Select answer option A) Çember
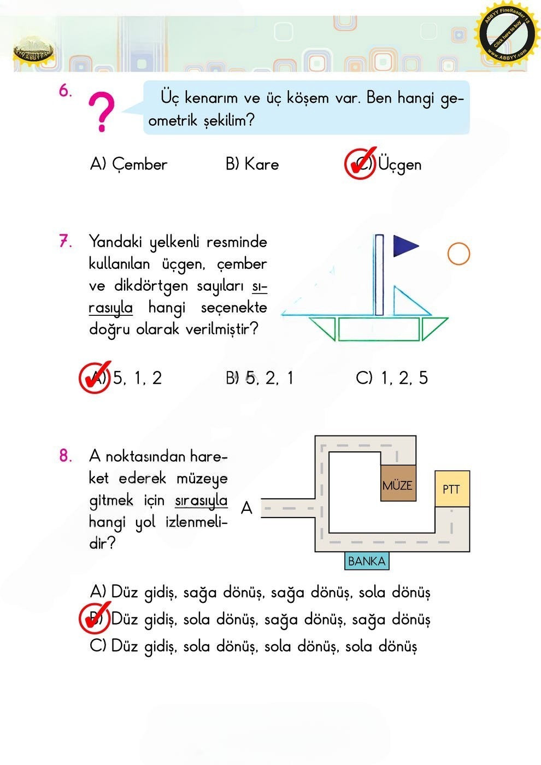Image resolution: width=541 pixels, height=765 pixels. pos(128,164)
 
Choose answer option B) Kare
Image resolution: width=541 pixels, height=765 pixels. pos(252,164)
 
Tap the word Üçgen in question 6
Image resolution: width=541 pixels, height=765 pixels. pos(399,164)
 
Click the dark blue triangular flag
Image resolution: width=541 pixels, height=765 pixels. pos(404,246)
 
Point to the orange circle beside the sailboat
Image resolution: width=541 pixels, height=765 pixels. pos(458,254)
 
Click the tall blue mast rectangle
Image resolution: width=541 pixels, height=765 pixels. pos(379,275)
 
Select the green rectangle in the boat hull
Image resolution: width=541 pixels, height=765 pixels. pos(378,329)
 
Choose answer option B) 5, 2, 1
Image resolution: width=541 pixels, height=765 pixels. pos(260,378)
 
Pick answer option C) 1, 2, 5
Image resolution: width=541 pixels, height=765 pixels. pos(391,378)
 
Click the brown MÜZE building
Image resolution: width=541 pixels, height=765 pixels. pos(398,484)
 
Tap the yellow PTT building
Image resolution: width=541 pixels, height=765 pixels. pos(452,489)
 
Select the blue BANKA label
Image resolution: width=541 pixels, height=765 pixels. pos(367,561)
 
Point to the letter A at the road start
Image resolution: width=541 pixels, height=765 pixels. pos(246,508)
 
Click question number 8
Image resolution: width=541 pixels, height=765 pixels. pos(66,456)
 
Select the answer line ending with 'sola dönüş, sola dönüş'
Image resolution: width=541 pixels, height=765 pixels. pos(253,646)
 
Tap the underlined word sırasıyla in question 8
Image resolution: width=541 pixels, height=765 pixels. pos(201,501)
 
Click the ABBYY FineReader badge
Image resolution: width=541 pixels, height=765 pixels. pos(506,35)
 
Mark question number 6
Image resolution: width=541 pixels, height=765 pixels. pos(65,91)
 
